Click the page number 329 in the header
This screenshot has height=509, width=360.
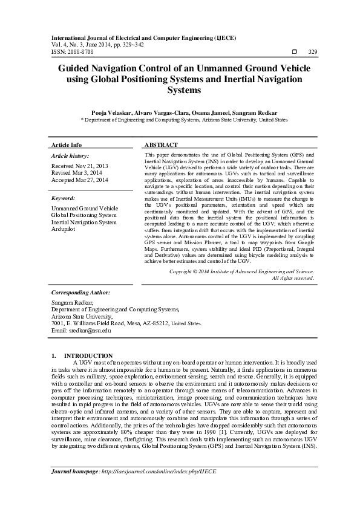coord(313,52)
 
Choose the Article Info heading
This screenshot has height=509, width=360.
coord(67,146)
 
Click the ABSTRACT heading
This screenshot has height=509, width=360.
coord(161,146)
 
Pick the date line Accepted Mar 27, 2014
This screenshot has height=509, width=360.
coord(80,180)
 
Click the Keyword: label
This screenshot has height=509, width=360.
coord(64,198)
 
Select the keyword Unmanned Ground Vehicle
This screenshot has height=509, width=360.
coord(85,208)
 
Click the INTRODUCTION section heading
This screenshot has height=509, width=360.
coord(88,355)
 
